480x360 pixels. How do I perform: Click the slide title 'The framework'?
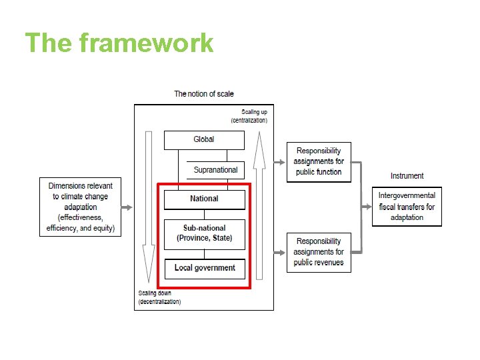[x=119, y=43]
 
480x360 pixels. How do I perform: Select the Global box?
[x=204, y=140]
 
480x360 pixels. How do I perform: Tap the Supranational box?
[x=215, y=170]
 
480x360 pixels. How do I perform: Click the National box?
[x=204, y=199]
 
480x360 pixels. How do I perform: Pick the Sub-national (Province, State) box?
[x=204, y=233]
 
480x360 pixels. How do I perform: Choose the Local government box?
[x=204, y=268]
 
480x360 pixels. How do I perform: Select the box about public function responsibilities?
[x=319, y=162]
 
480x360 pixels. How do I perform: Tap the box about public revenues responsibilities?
[x=319, y=252]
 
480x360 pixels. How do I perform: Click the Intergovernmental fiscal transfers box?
[x=407, y=207]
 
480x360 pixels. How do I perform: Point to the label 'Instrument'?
[x=407, y=176]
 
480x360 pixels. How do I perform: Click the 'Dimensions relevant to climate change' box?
[x=81, y=207]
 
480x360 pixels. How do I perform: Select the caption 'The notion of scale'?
[x=204, y=94]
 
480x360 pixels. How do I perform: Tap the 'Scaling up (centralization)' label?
[x=250, y=116]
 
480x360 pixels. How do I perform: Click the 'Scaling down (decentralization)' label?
[x=160, y=297]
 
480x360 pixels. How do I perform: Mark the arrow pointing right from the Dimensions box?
[x=127, y=207]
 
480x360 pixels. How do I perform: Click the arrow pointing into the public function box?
[x=280, y=162]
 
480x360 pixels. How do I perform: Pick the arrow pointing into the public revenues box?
[x=280, y=252]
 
